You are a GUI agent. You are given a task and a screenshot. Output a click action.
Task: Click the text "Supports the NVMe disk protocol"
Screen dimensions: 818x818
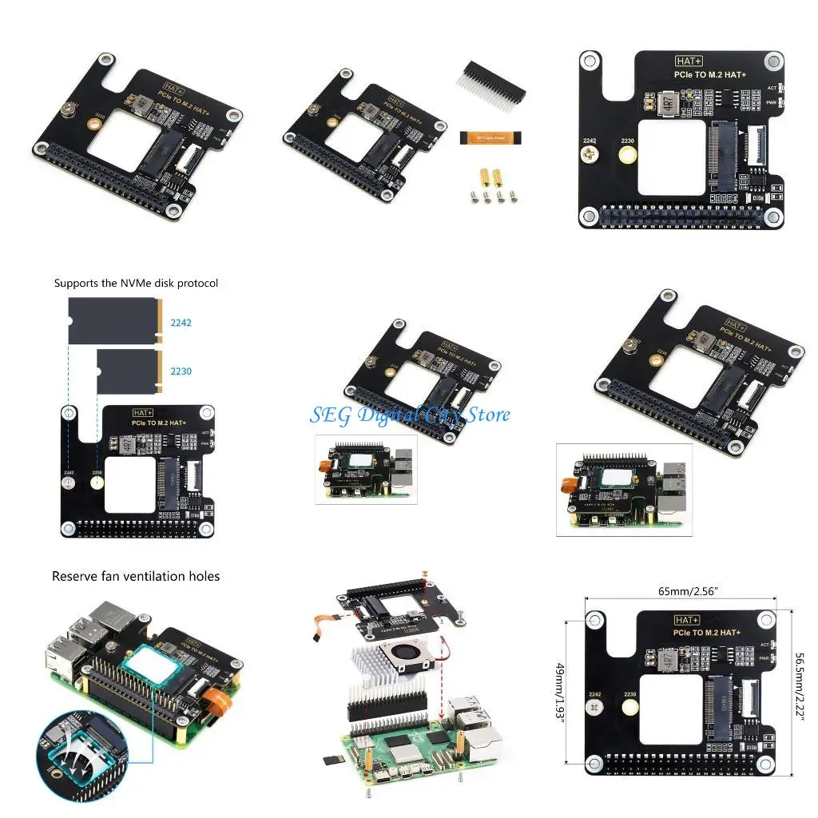(136, 283)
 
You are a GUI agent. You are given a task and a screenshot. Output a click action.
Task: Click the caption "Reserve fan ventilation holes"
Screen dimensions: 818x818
(136, 576)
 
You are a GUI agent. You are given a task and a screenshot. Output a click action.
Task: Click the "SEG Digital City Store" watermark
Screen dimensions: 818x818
(410, 415)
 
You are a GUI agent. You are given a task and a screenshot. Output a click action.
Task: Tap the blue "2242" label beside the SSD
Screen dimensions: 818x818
(181, 324)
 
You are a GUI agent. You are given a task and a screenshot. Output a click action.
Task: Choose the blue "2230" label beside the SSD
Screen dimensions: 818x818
(181, 371)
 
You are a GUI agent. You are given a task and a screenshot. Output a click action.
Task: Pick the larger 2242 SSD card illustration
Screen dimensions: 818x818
(114, 321)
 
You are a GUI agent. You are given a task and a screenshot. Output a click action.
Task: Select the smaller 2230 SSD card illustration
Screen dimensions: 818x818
(128, 371)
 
